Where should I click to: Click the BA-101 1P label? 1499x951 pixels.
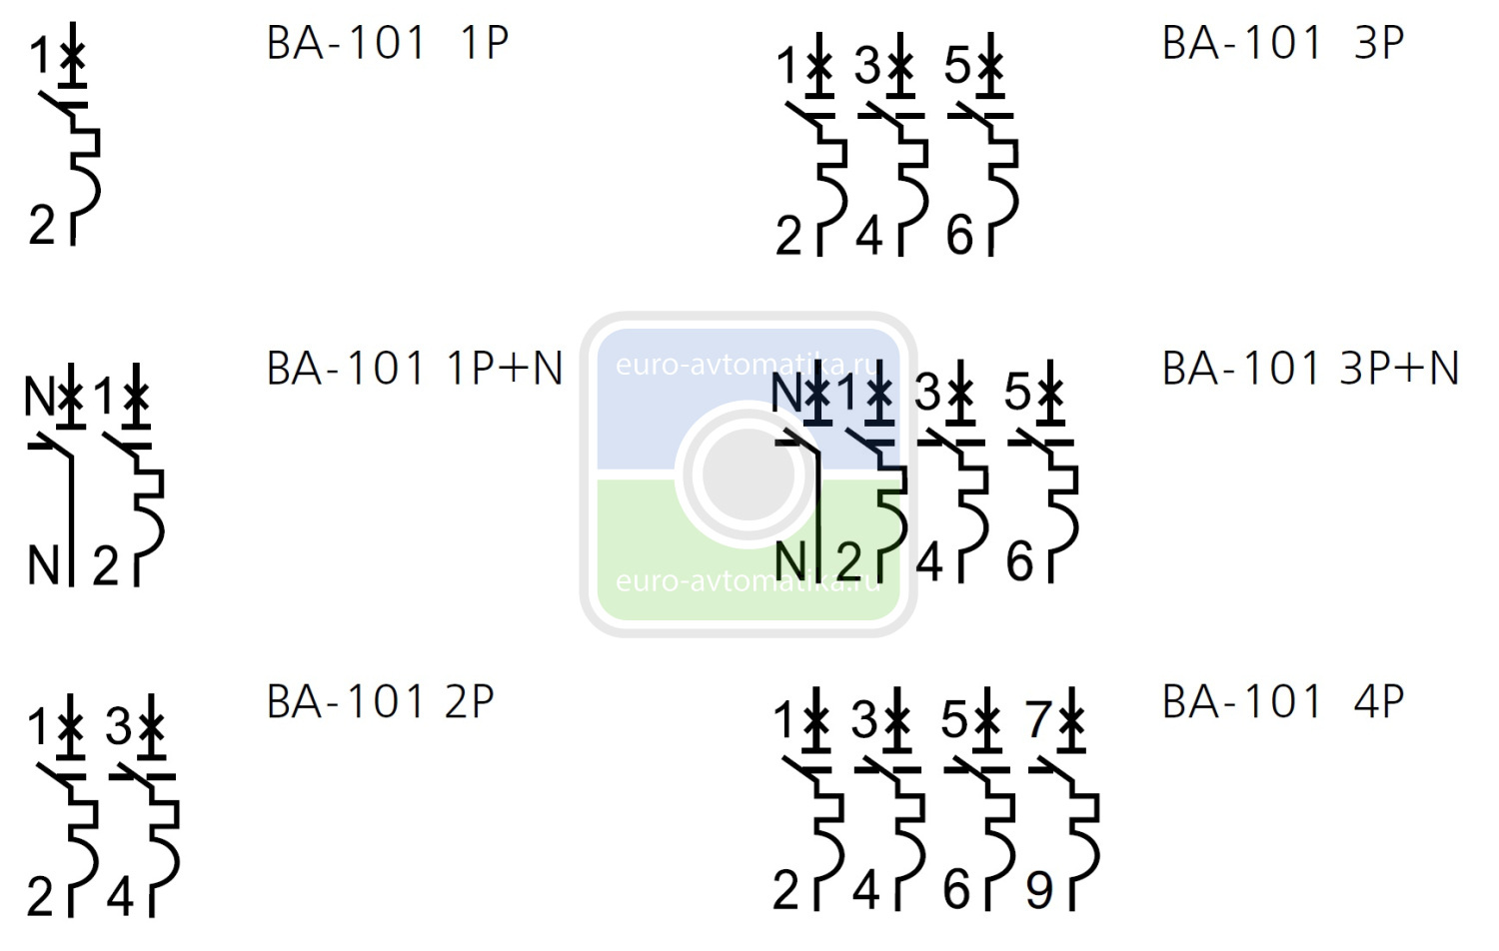[x=388, y=44]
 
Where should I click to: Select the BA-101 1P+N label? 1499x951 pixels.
[x=415, y=369]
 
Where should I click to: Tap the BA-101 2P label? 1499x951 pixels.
[x=381, y=702]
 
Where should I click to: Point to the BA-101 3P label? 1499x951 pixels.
[x=1283, y=44]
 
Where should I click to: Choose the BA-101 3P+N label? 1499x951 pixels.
[x=1310, y=369]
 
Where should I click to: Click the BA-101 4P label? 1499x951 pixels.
[x=1283, y=702]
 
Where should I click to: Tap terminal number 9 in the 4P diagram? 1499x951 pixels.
[x=1039, y=890]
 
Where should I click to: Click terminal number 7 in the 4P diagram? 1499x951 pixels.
[x=1038, y=719]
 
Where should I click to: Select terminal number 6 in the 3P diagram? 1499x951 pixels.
[x=959, y=236]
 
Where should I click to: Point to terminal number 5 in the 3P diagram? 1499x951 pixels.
[x=956, y=66]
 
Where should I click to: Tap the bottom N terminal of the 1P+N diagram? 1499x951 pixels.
[x=44, y=565]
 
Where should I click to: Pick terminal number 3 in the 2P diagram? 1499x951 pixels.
[x=119, y=726]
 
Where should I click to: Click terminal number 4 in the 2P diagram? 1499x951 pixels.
[x=120, y=896]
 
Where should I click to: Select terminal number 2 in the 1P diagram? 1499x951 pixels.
[x=42, y=225]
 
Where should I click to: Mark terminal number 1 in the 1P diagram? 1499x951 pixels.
[x=40, y=56]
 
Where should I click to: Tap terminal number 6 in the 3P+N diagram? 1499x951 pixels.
[x=1019, y=561]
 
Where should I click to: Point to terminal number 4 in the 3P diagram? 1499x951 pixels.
[x=869, y=236]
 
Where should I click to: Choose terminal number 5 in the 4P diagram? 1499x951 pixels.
[x=954, y=719]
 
